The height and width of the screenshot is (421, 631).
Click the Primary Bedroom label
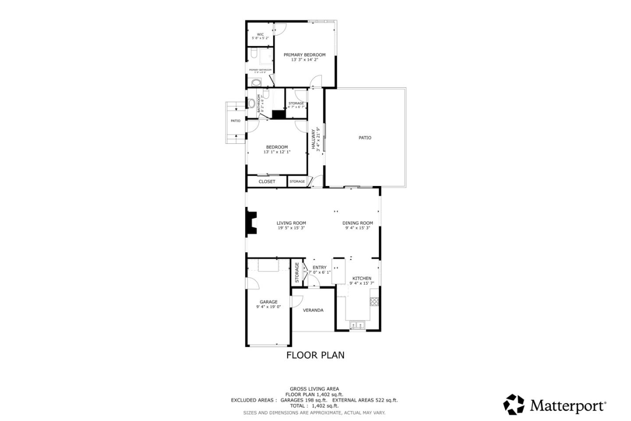pyautogui.click(x=305, y=55)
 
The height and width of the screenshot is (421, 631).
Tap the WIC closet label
pyautogui.click(x=260, y=34)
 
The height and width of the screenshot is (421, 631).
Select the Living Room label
pyautogui.click(x=291, y=223)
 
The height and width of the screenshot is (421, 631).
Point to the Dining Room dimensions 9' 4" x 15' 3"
pyautogui.click(x=358, y=228)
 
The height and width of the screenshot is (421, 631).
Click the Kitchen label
pyautogui.click(x=362, y=278)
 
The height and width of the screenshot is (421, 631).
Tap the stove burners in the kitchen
pyautogui.click(x=374, y=301)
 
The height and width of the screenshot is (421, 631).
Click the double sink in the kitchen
pyautogui.click(x=358, y=325)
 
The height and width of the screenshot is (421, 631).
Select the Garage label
pyautogui.click(x=269, y=302)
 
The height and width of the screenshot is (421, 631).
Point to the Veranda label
pyautogui.click(x=313, y=310)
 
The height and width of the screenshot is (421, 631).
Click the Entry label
pyautogui.click(x=319, y=268)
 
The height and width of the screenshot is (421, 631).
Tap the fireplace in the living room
pyautogui.click(x=251, y=223)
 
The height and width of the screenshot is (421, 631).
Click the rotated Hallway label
pyautogui.click(x=313, y=139)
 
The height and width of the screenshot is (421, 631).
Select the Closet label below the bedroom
pyautogui.click(x=267, y=182)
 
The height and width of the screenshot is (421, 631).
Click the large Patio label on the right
pyautogui.click(x=365, y=138)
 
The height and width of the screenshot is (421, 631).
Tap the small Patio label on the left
pyautogui.click(x=236, y=121)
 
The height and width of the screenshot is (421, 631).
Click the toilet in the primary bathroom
pyautogui.click(x=253, y=54)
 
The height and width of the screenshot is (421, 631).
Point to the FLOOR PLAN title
pyautogui.click(x=315, y=355)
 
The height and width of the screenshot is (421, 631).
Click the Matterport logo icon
pyautogui.click(x=514, y=404)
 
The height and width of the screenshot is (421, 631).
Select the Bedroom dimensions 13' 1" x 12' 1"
pyautogui.click(x=277, y=152)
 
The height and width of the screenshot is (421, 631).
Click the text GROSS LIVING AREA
pyautogui.click(x=314, y=389)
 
